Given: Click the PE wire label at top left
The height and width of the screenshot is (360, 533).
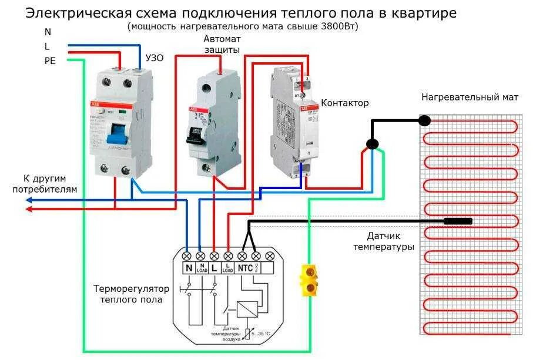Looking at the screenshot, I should click(x=49, y=60).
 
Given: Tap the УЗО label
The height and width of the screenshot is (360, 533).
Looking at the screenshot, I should click(x=155, y=58).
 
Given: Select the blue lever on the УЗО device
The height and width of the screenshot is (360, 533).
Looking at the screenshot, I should click(x=115, y=134).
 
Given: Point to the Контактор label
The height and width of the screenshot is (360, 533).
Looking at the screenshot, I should click(x=344, y=103).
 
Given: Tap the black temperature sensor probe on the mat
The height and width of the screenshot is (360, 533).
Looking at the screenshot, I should click(x=458, y=221).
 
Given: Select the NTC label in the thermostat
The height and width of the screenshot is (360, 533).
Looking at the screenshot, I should click(x=246, y=268).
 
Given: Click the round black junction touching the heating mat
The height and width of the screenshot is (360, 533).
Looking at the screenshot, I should click(x=424, y=121).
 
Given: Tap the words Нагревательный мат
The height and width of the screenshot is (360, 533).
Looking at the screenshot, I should click(x=470, y=97).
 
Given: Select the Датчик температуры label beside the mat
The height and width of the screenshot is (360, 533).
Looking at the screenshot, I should click(x=383, y=241).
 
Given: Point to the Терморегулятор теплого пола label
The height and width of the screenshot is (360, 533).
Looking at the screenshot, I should click(x=131, y=294).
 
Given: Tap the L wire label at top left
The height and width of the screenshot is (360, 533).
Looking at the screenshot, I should click(x=47, y=46).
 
